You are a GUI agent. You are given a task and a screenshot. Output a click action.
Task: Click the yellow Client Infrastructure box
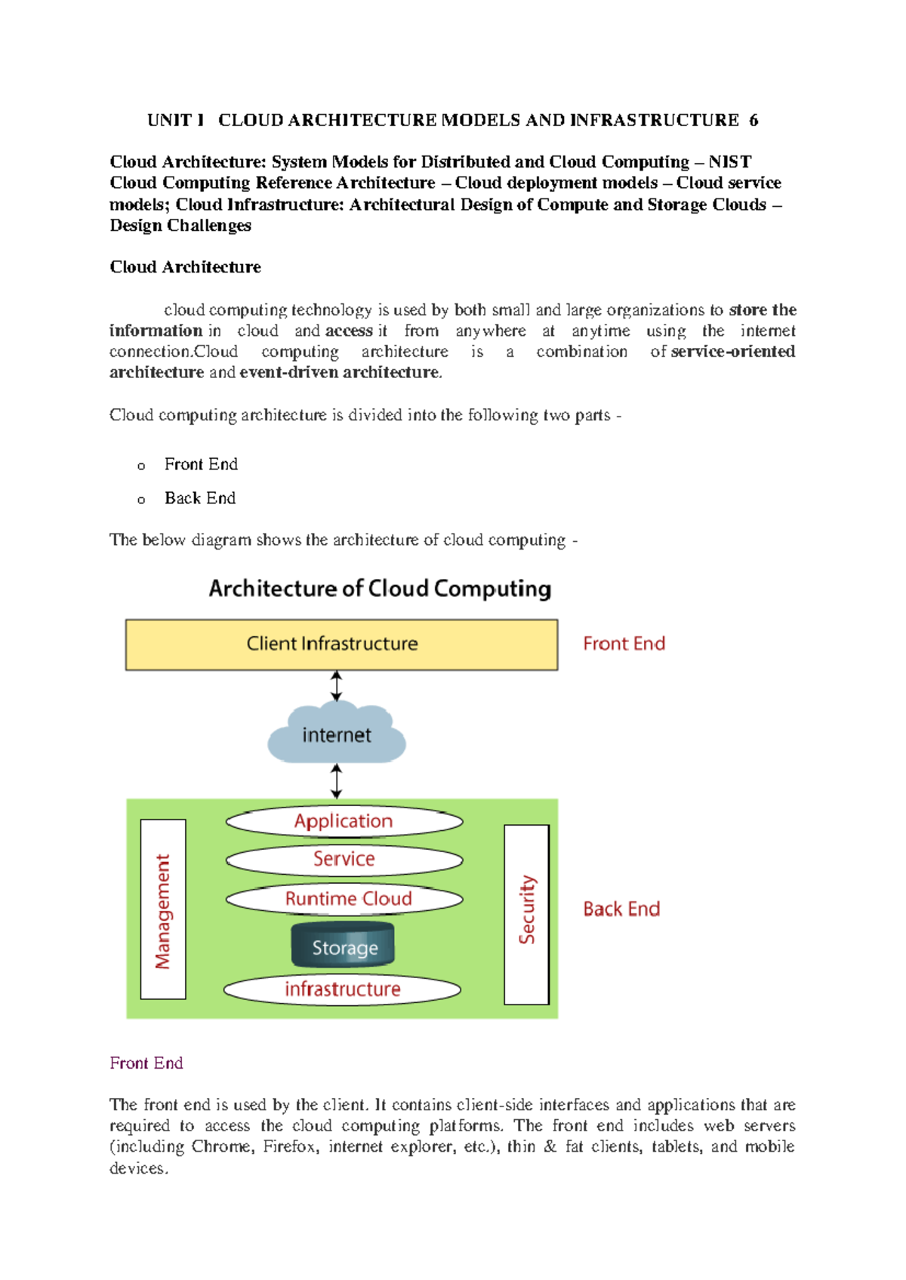click(341, 645)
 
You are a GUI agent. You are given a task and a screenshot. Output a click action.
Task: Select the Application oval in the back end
click(344, 821)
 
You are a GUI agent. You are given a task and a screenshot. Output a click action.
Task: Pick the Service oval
click(344, 860)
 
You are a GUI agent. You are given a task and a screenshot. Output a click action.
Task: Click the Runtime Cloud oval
click(344, 899)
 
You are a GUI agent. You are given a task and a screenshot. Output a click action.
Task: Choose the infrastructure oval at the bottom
click(342, 989)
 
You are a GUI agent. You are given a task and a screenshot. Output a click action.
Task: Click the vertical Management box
click(163, 909)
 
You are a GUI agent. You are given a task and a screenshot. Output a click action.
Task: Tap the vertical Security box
click(526, 914)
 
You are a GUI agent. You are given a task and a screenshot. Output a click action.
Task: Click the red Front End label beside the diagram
click(624, 644)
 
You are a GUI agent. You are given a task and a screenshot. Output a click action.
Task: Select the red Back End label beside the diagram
click(621, 909)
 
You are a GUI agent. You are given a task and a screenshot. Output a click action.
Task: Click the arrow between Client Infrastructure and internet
click(337, 687)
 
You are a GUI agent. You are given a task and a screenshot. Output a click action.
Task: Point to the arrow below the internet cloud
click(337, 781)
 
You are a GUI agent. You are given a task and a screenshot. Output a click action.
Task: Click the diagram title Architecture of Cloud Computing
click(380, 589)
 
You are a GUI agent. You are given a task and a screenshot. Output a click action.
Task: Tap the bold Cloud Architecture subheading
click(185, 267)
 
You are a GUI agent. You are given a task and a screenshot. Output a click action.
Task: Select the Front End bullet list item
click(201, 464)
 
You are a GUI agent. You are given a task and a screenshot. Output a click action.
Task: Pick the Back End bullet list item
click(200, 498)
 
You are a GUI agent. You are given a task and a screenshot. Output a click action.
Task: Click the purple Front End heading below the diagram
click(146, 1063)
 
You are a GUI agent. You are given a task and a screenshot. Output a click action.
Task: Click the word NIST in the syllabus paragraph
click(729, 162)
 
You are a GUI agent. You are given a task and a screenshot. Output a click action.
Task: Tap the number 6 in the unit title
click(753, 121)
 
